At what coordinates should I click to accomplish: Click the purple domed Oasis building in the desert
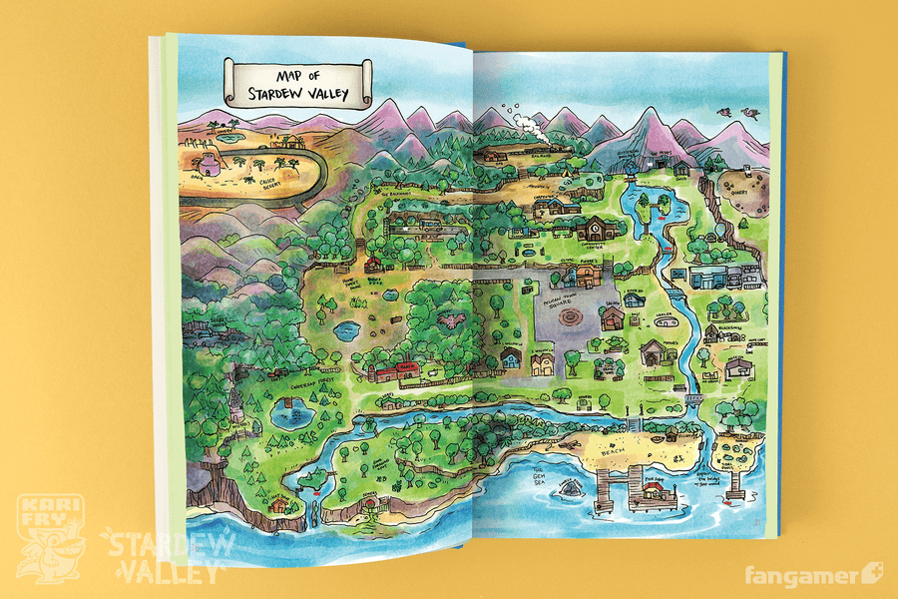point(211,163)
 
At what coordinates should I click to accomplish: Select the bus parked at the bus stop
point(429,228)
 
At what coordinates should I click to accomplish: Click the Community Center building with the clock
point(593,228)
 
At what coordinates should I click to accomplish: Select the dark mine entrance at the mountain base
point(657,160)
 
